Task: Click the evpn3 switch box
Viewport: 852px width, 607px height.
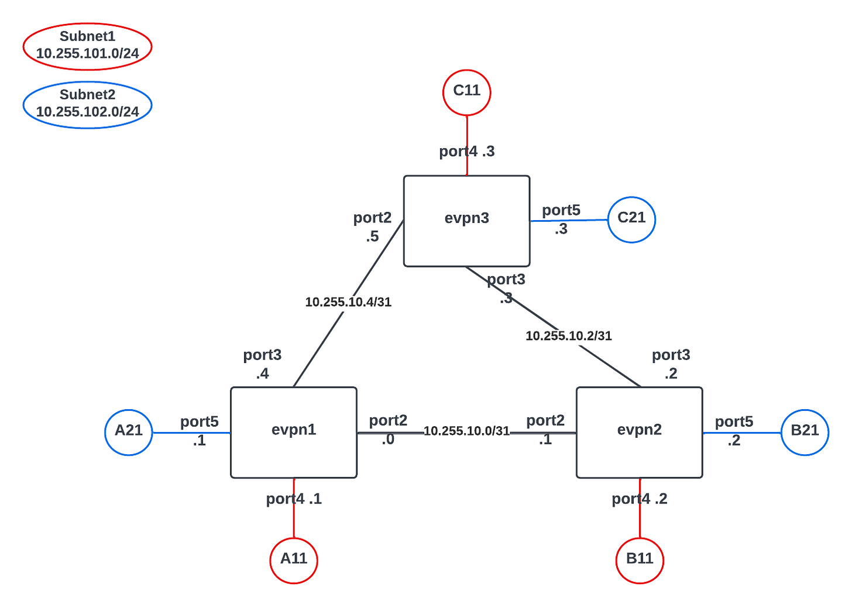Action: (466, 221)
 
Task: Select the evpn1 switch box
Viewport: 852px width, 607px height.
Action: (293, 432)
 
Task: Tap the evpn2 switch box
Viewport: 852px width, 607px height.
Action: (639, 432)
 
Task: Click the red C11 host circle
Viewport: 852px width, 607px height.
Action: (466, 92)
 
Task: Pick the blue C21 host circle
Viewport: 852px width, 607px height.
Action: (631, 219)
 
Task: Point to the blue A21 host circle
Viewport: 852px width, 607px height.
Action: (129, 432)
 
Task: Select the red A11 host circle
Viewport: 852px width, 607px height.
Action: (293, 560)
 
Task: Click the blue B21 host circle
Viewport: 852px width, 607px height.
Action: (805, 432)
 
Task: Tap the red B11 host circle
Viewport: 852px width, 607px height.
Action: (639, 560)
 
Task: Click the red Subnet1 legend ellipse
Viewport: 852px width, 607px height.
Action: (87, 46)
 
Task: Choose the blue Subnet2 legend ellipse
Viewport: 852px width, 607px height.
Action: (87, 104)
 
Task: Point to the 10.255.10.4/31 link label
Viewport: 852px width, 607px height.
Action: (348, 302)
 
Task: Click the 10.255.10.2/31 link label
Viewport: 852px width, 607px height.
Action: (568, 336)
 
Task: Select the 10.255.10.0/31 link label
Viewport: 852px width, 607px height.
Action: (466, 431)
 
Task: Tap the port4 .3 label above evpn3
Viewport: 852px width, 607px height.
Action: (467, 152)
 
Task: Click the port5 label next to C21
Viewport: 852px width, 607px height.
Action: (561, 211)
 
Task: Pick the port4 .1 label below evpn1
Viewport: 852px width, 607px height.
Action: (294, 499)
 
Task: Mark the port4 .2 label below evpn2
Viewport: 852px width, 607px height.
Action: (639, 499)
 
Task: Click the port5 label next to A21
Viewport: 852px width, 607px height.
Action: (199, 422)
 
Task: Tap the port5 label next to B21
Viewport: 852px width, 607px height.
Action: (734, 422)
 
